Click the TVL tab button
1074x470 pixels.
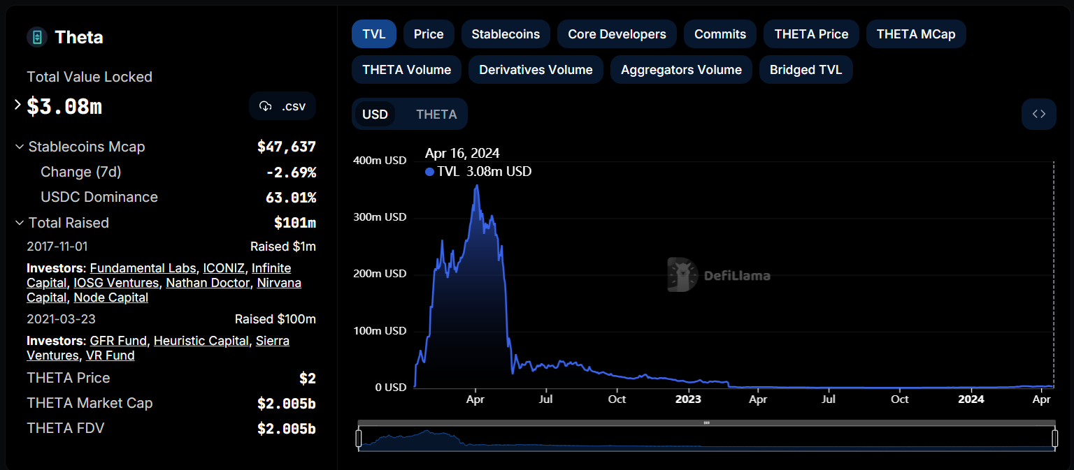click(373, 34)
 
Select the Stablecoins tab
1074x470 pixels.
click(506, 34)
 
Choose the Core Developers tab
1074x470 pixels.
click(617, 34)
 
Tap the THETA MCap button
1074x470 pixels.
click(915, 34)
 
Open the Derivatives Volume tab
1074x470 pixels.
click(536, 70)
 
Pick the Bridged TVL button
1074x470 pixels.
click(805, 70)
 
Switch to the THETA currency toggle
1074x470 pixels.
click(436, 115)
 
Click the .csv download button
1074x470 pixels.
click(282, 106)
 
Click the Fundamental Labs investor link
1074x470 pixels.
click(143, 268)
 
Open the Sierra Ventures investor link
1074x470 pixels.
click(273, 341)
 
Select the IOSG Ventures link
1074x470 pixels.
click(116, 283)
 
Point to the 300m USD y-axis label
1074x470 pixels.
click(380, 217)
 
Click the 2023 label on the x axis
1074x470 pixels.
click(688, 399)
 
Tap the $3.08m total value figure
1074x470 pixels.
click(64, 107)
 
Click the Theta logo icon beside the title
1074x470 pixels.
click(37, 37)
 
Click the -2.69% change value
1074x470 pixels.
click(291, 172)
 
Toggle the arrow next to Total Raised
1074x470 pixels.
click(19, 223)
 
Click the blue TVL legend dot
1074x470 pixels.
click(429, 172)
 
